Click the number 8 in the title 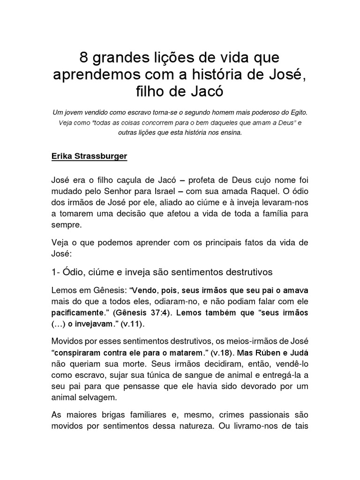[84, 58]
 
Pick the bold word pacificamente [77, 312]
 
